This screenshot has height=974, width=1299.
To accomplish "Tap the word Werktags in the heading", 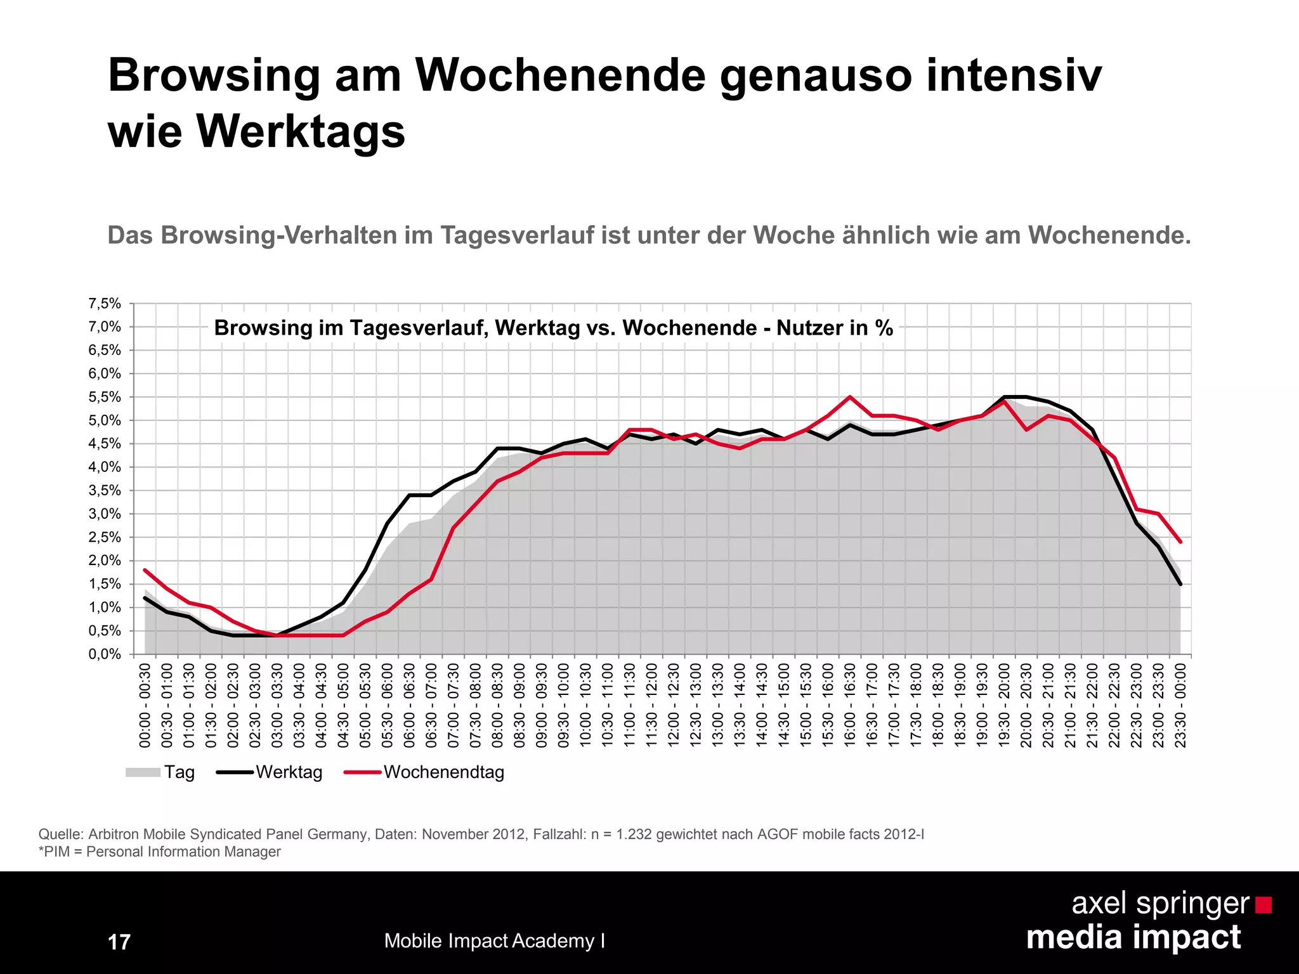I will point(300,132).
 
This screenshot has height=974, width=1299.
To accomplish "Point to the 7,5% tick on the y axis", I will point(105,304).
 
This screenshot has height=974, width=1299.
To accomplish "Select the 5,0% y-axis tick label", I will point(105,420).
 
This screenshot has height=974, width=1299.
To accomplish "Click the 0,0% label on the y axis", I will point(105,654).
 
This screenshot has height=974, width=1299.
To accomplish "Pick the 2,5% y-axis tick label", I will point(105,537).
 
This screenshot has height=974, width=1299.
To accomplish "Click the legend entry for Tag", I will point(160,772).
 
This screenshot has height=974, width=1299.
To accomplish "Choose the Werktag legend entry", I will point(270,772).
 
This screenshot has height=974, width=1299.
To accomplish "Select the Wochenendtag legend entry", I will point(425,772).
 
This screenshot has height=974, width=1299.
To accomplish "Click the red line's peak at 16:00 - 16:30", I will point(850,397).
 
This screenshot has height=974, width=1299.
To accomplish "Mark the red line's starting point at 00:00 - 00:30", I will point(145,570).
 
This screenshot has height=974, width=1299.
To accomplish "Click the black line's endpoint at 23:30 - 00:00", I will point(1180,584).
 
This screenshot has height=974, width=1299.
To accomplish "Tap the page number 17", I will point(119,942).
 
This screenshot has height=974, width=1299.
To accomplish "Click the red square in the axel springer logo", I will point(1263,905).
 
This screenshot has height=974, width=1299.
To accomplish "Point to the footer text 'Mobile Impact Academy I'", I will point(494,941).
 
